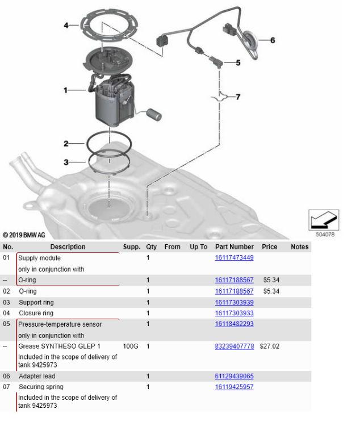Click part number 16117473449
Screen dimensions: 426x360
click(234, 258)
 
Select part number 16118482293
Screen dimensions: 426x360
click(234, 324)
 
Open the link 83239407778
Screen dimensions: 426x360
click(234, 346)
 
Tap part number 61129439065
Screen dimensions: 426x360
click(234, 376)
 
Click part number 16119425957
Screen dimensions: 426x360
click(234, 387)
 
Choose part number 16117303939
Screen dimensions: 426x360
click(234, 302)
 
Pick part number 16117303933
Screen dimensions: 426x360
click(234, 313)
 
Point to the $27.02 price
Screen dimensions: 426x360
click(269, 346)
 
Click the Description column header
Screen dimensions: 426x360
click(68, 247)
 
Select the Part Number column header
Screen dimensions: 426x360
click(234, 247)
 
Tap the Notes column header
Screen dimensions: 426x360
click(299, 247)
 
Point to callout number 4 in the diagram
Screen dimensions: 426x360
click(66, 26)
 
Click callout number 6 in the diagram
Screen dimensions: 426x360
click(273, 40)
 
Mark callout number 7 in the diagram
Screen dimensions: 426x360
click(238, 97)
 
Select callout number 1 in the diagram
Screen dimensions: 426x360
click(66, 90)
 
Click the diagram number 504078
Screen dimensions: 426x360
click(324, 233)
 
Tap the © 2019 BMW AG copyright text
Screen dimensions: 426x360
click(24, 235)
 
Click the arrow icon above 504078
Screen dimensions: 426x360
click(324, 219)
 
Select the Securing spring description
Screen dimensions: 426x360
click(40, 387)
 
